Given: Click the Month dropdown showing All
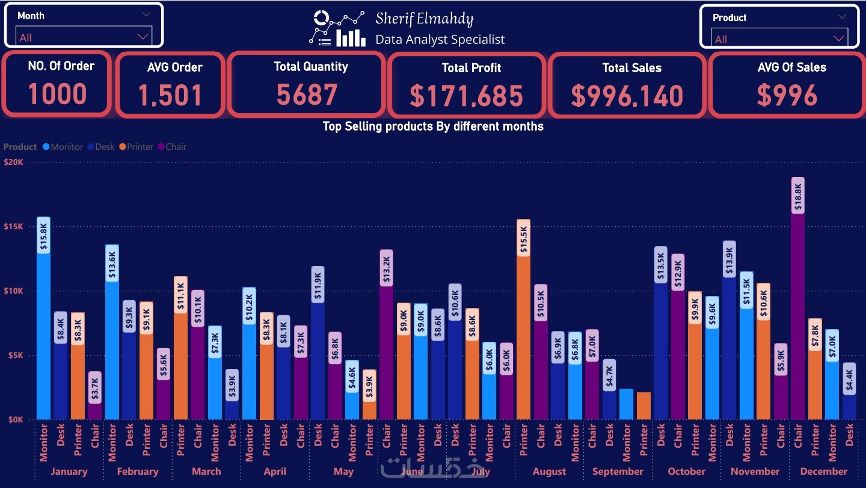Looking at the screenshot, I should click(x=84, y=37).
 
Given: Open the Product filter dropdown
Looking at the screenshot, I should click(x=780, y=39).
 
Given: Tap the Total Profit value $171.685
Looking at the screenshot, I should click(x=466, y=96).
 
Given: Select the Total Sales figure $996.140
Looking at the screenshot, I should click(x=627, y=96).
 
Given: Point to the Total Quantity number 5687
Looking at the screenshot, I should click(x=307, y=94).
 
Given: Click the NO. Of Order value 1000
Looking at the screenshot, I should click(x=58, y=94).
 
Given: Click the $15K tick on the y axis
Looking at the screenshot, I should click(x=13, y=227).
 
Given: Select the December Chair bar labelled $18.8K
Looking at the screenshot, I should click(x=798, y=301).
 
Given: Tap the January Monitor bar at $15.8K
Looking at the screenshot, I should click(x=43, y=319).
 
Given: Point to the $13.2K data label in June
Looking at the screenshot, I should click(x=386, y=268).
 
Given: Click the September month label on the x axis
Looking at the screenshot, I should click(x=618, y=471).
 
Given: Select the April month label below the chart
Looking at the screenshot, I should click(x=275, y=471).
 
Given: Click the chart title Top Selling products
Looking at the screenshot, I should click(x=433, y=126).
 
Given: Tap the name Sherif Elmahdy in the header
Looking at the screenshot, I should click(x=425, y=19).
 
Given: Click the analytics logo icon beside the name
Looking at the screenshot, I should click(x=337, y=28).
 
